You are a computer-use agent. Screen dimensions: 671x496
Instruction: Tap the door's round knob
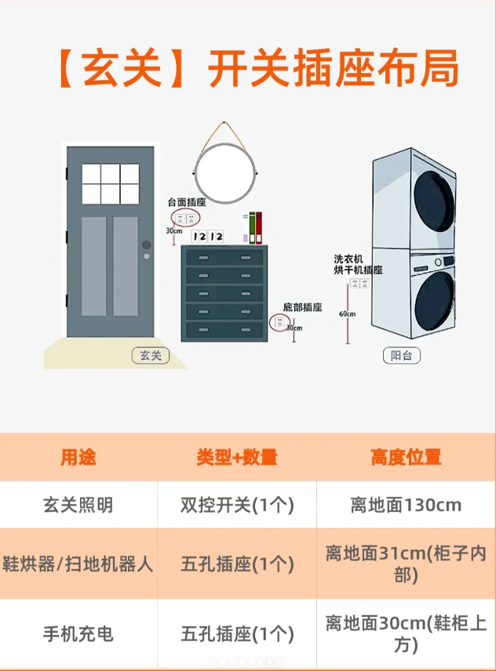click(x=146, y=245)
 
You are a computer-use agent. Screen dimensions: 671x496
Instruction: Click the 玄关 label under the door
click(x=150, y=355)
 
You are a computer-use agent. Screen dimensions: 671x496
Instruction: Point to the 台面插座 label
click(x=186, y=202)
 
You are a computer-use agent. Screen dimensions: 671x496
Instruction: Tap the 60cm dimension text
click(x=348, y=314)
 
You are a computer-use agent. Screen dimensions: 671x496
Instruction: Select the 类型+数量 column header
click(x=237, y=457)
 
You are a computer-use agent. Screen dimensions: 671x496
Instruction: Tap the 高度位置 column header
click(x=406, y=457)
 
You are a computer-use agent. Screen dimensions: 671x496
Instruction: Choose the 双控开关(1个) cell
click(x=237, y=505)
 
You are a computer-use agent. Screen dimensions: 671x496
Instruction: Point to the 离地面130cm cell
click(x=406, y=505)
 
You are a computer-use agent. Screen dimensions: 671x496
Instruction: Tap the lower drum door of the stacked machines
click(x=435, y=298)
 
